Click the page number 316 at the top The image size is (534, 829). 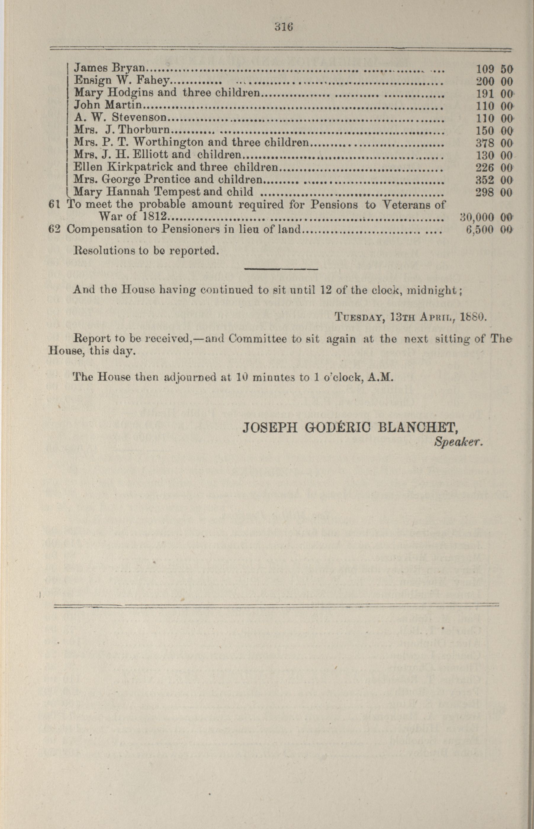[284, 27]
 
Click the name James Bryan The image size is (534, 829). [110, 69]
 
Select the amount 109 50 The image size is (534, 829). [494, 69]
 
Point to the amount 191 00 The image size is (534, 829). [494, 94]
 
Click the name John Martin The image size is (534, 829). [108, 105]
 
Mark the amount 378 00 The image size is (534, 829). [494, 143]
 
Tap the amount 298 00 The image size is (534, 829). [494, 192]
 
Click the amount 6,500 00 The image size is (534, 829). [489, 230]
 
